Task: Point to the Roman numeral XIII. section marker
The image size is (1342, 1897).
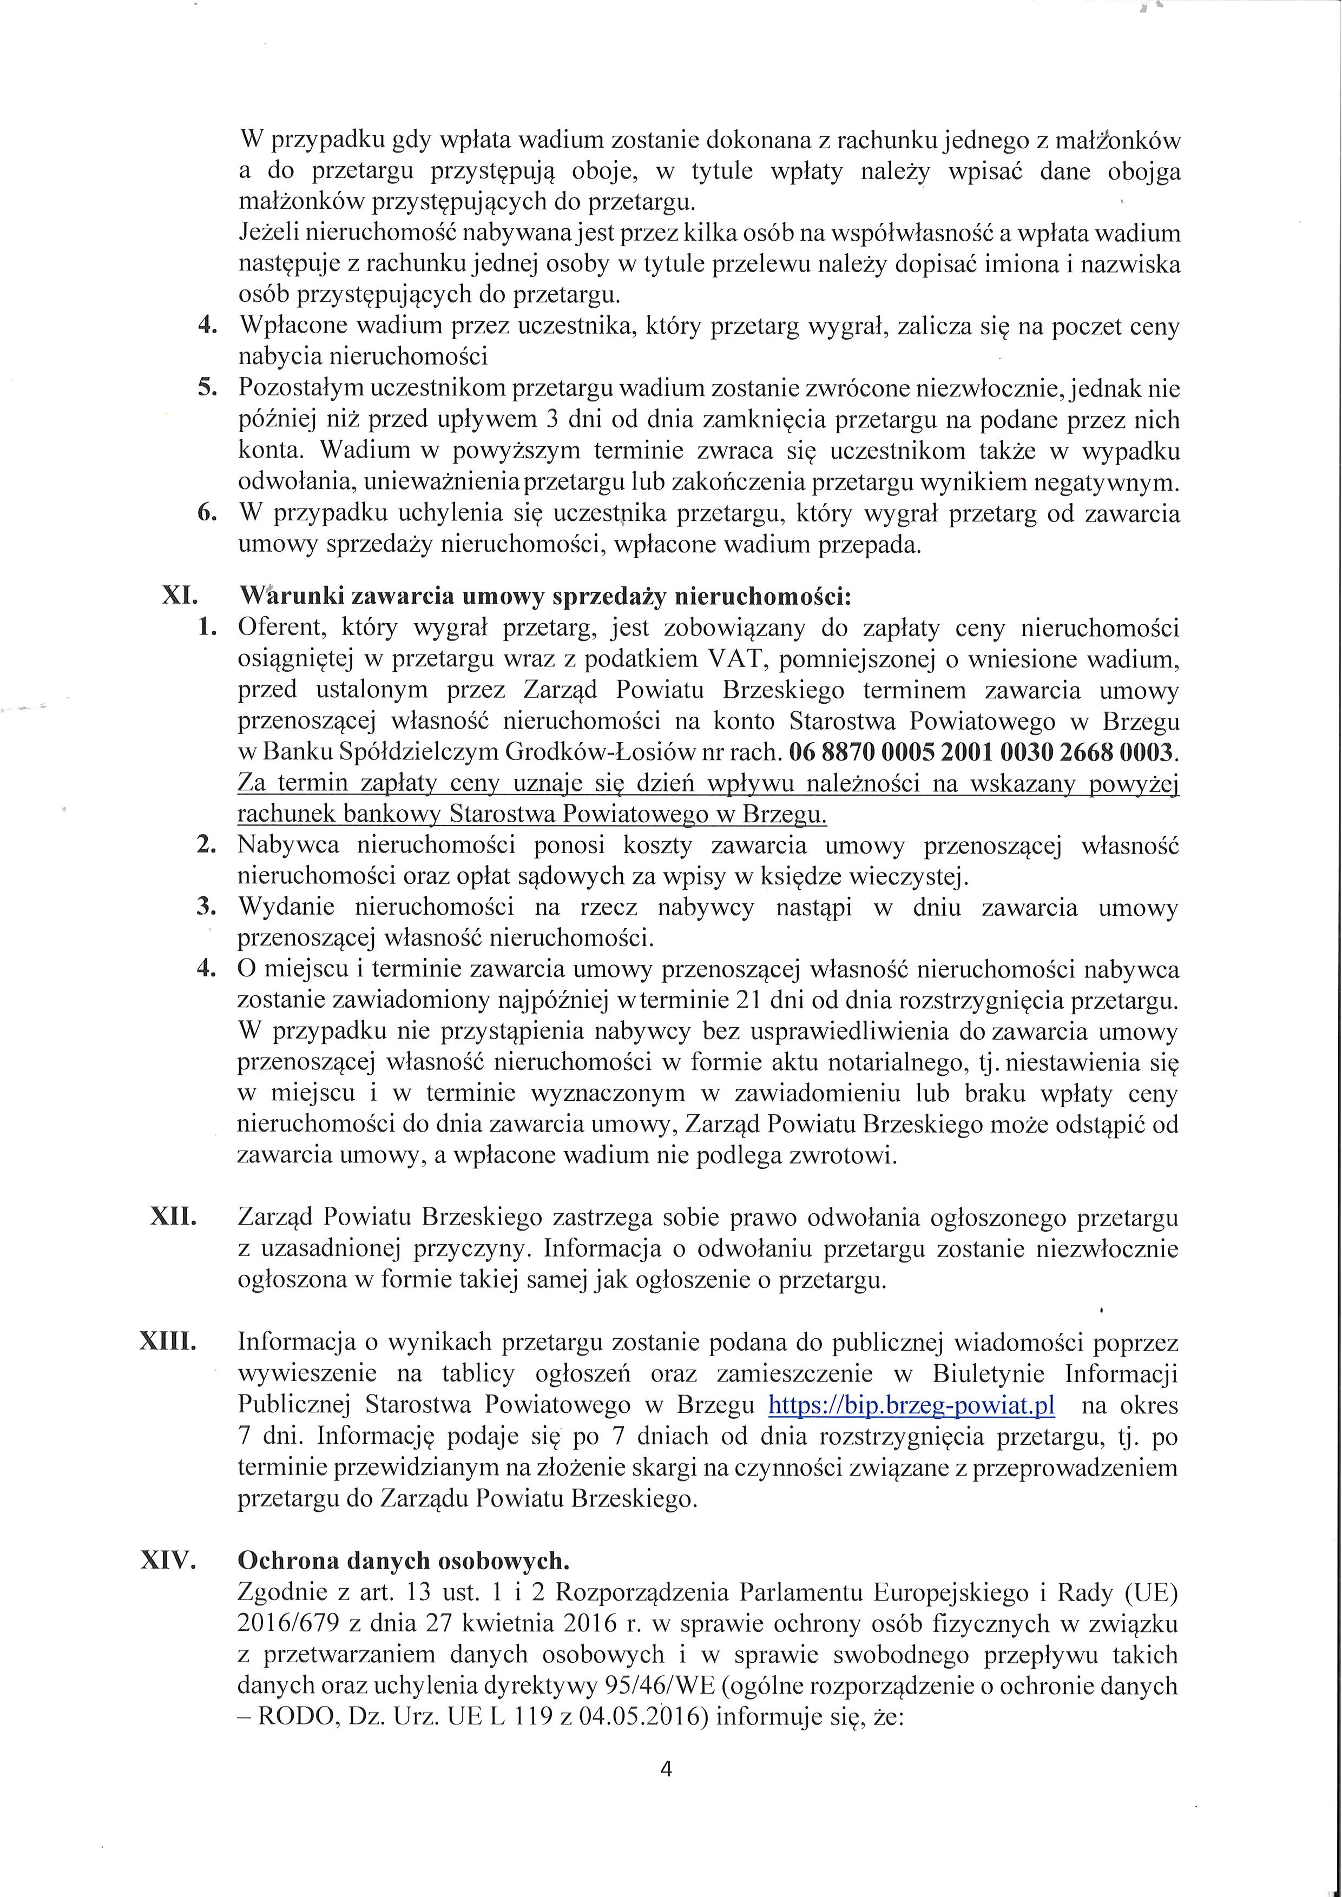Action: pyautogui.click(x=169, y=1344)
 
